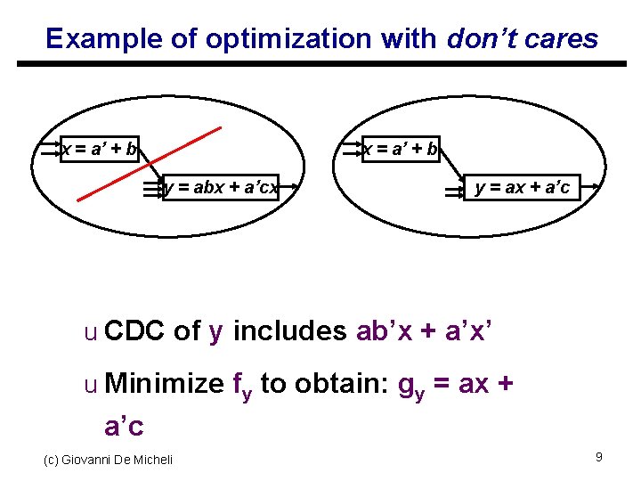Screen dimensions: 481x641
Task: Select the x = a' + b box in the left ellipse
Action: [98, 149]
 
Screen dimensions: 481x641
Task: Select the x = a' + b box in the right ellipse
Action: [401, 149]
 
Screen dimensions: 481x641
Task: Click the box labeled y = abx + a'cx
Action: [222, 188]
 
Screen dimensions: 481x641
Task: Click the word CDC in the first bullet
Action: [134, 331]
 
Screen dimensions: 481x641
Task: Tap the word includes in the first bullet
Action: [290, 331]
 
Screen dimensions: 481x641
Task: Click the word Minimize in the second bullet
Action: [163, 384]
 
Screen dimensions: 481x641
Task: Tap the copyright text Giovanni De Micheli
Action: [108, 459]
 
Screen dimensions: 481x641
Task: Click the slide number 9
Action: [599, 457]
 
